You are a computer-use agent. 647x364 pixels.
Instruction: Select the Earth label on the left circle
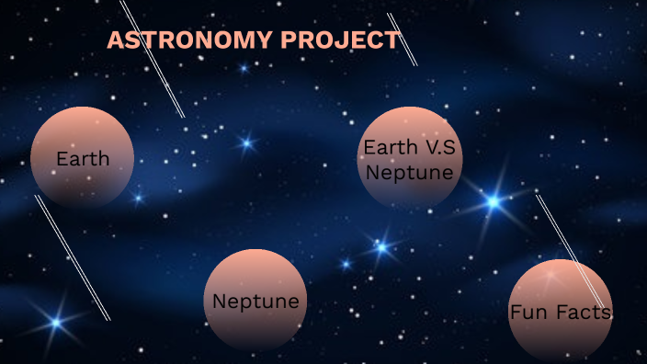(83, 158)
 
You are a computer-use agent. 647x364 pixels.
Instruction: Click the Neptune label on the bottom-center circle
(255, 301)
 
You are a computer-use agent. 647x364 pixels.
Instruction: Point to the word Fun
(528, 313)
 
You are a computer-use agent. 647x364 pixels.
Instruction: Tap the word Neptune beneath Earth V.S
(409, 172)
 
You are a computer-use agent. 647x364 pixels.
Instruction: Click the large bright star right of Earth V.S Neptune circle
(494, 201)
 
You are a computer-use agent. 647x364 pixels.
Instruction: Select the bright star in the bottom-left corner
(56, 322)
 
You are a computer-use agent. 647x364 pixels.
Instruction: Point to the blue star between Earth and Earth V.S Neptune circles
(246, 142)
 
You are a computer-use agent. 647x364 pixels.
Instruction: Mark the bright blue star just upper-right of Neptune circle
(380, 246)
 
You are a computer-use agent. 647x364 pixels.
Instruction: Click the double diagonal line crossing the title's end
(403, 39)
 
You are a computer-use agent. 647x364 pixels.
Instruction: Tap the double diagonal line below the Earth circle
(73, 257)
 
